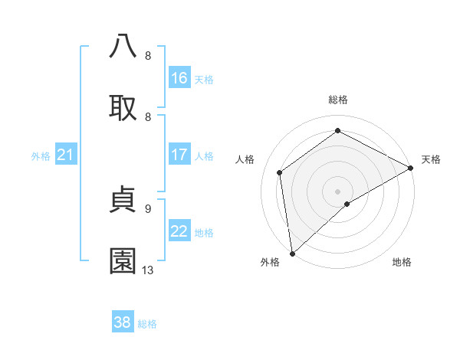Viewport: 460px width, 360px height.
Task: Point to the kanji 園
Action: point(123,261)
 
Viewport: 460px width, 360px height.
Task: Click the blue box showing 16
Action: point(179,78)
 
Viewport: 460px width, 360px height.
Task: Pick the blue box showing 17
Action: point(179,155)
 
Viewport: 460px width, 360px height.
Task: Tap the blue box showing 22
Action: point(179,231)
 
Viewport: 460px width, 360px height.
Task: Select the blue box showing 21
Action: point(66,155)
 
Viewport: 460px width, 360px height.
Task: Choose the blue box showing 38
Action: point(123,322)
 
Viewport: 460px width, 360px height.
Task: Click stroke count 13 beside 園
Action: point(148,270)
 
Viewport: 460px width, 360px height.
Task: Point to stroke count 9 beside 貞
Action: point(147,208)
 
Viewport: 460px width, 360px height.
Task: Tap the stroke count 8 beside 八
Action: point(147,55)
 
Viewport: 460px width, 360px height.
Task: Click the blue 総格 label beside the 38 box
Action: point(147,324)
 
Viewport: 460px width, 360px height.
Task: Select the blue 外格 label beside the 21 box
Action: point(41,156)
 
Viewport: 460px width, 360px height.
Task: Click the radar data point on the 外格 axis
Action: point(292,253)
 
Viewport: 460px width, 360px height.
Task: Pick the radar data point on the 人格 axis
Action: point(280,172)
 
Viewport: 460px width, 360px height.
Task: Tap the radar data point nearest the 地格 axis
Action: point(347,204)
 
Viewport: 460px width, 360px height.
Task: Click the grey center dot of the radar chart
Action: point(337,191)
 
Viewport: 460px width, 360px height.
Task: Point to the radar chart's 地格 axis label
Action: point(402,263)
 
